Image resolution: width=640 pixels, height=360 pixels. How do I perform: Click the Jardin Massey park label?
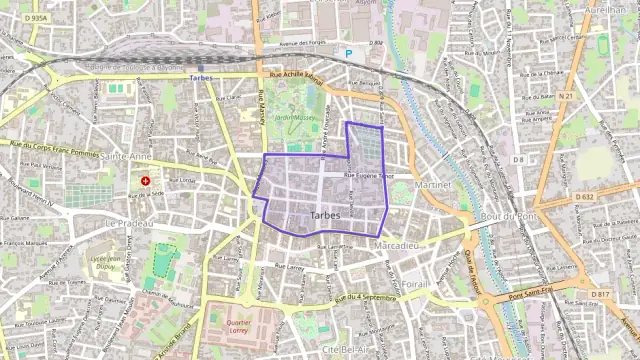click(295, 117)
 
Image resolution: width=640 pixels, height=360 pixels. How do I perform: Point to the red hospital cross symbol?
click(147, 181)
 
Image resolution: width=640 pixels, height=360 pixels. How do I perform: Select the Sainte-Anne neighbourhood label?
click(127, 157)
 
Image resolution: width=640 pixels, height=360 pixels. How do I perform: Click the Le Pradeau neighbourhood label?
click(127, 222)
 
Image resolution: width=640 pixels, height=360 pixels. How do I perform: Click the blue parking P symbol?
click(348, 53)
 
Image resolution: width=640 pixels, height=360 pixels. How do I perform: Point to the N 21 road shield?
click(566, 96)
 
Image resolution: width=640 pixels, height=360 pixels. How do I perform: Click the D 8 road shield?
click(518, 160)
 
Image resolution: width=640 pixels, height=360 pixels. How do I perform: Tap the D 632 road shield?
click(585, 197)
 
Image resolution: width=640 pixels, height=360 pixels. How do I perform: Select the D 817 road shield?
click(599, 294)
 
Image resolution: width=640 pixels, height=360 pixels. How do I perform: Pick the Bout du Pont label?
click(509, 216)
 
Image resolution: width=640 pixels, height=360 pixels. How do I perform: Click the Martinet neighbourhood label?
click(435, 186)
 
